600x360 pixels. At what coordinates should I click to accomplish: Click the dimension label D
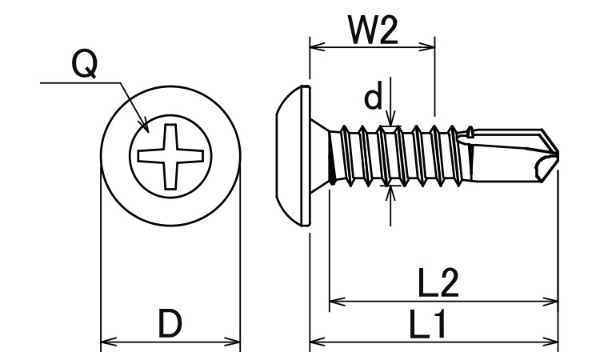[x=169, y=325]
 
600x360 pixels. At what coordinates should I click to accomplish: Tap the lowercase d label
[x=373, y=98]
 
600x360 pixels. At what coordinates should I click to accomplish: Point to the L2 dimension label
[x=438, y=282]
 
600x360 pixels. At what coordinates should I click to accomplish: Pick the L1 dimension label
[x=428, y=325]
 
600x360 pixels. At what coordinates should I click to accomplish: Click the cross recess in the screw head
[x=170, y=156]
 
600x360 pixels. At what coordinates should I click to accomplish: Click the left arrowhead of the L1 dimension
[x=314, y=345]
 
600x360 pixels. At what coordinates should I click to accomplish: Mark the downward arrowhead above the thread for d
[x=390, y=122]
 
